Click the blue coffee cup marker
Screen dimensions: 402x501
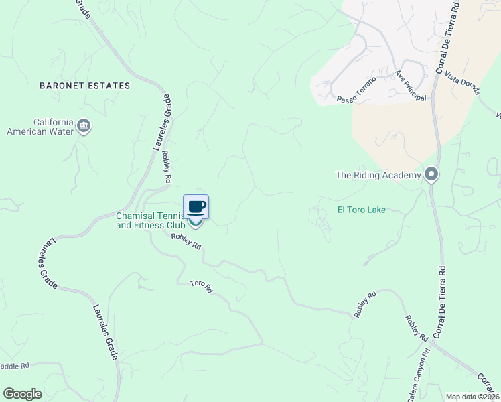click(x=196, y=206)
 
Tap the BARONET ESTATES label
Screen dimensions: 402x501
click(x=84, y=86)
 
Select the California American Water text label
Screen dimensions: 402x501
click(x=40, y=127)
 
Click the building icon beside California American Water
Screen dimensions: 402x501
click(x=84, y=126)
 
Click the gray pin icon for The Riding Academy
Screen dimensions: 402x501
click(x=431, y=176)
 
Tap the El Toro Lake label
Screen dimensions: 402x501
click(x=361, y=210)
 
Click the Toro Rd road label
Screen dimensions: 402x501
click(x=200, y=287)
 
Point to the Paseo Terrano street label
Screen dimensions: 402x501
click(x=356, y=90)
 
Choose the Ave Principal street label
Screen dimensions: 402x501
click(x=410, y=86)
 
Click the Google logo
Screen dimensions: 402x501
click(x=22, y=394)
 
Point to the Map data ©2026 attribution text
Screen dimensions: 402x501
click(x=472, y=397)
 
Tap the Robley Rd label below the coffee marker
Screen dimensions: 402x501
click(x=186, y=241)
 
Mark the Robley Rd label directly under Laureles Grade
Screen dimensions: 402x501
click(x=167, y=167)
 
